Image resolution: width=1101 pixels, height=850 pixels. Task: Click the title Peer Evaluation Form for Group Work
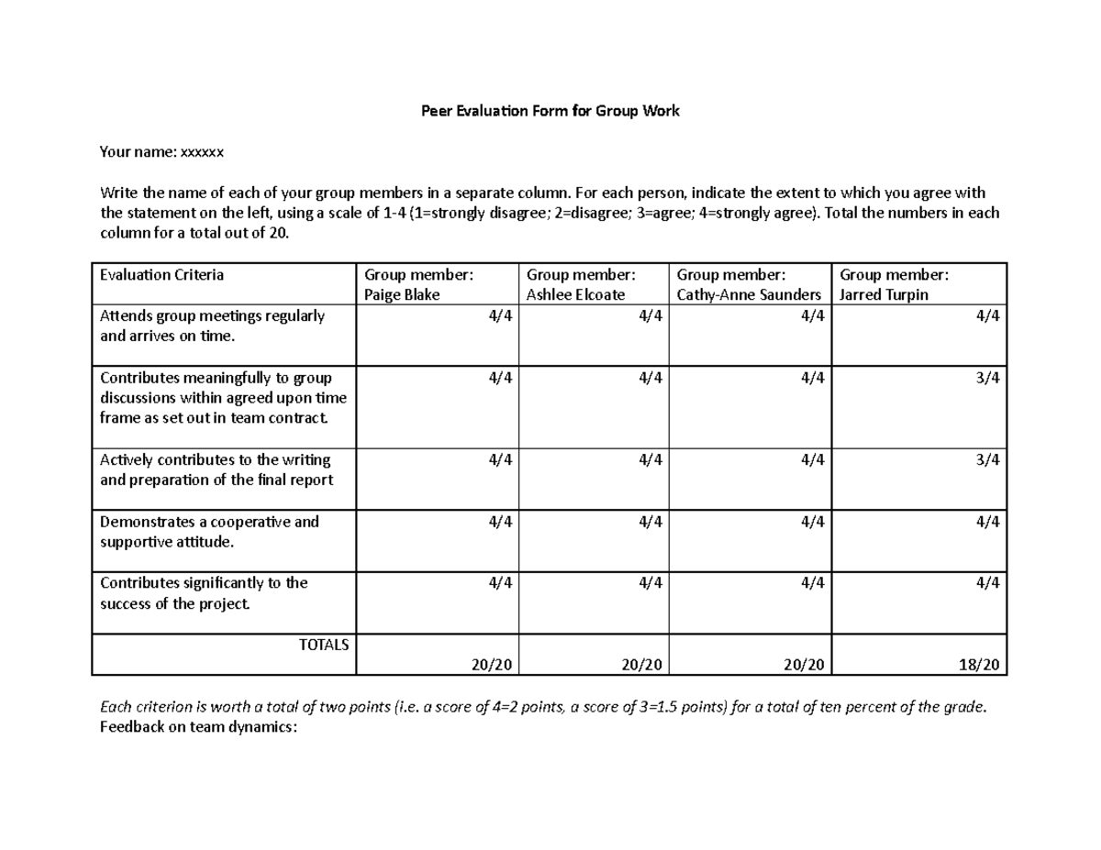(550, 112)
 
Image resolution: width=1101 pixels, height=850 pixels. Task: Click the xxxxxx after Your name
(203, 152)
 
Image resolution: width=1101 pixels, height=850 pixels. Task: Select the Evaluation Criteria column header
(161, 274)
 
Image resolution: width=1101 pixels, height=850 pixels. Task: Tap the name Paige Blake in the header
(402, 295)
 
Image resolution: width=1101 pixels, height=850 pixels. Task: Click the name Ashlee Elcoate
(575, 295)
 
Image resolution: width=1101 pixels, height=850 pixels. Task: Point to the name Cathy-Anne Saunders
(749, 295)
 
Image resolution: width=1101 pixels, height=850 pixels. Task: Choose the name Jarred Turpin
(884, 295)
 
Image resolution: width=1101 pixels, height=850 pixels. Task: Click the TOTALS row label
(324, 645)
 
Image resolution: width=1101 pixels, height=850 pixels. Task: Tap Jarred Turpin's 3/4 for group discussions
(988, 378)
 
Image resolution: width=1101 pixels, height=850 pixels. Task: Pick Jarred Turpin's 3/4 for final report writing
(988, 459)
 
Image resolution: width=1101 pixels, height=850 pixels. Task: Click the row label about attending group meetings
(212, 326)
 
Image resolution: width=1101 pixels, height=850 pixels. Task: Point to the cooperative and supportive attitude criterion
(209, 532)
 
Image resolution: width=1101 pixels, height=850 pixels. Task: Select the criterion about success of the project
(204, 593)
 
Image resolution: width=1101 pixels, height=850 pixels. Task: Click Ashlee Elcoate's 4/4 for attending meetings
(650, 316)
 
